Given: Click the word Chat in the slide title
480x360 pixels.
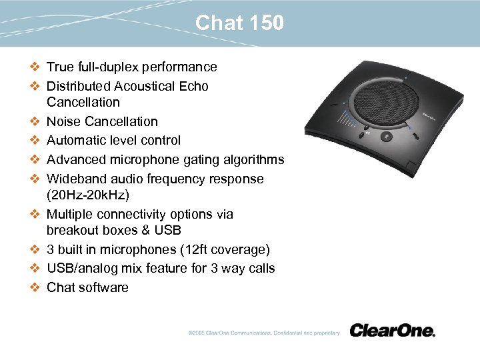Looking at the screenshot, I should click(219, 23).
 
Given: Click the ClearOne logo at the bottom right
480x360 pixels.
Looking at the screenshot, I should click(392, 331).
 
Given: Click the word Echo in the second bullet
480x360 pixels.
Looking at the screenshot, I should click(194, 86).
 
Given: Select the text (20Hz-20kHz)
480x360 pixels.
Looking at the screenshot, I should click(88, 195).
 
